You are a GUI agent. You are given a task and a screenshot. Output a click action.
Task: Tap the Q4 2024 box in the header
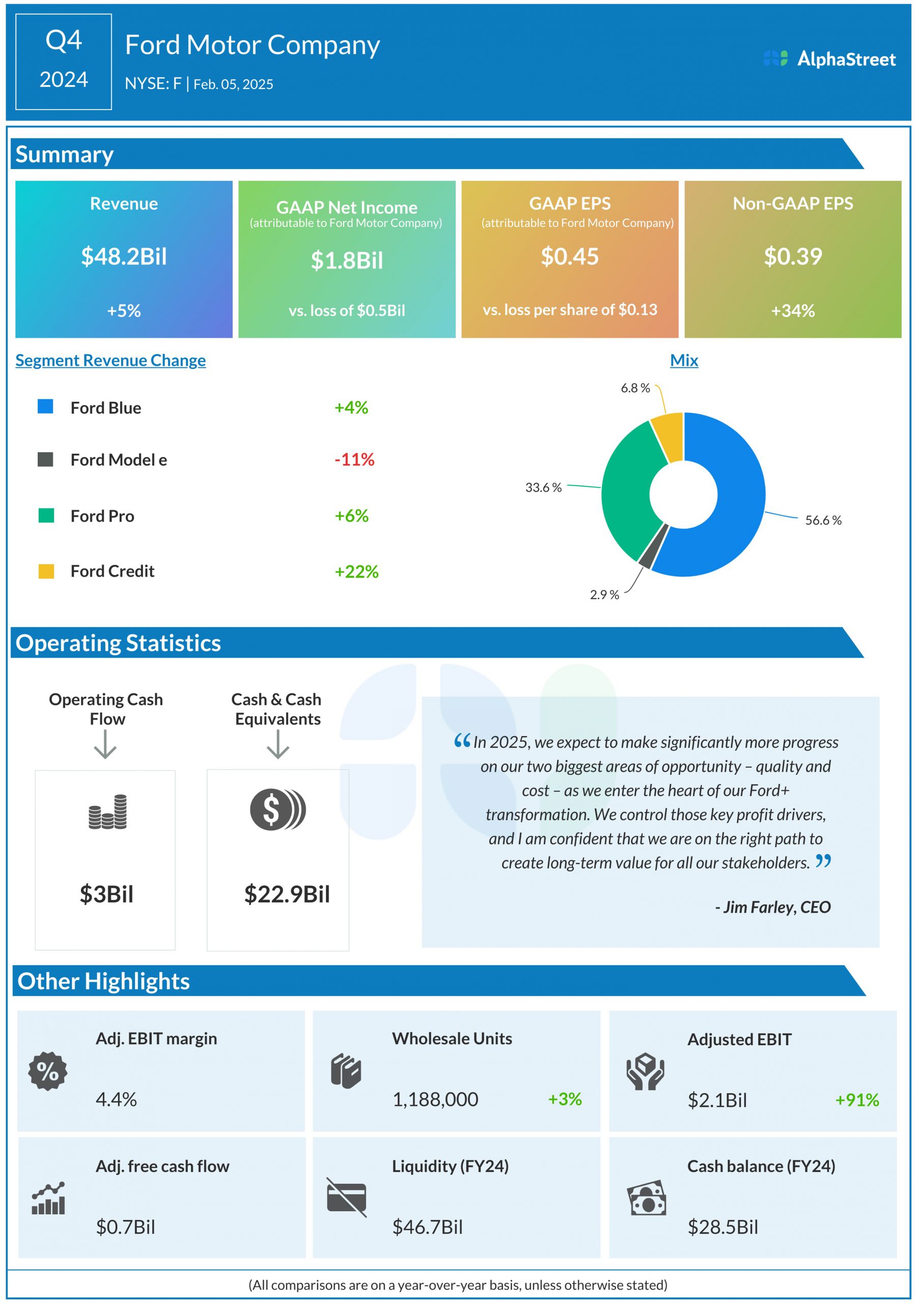tap(64, 61)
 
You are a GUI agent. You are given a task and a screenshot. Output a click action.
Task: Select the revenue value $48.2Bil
tap(124, 256)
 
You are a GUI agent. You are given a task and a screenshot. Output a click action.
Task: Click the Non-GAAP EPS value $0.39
tap(792, 256)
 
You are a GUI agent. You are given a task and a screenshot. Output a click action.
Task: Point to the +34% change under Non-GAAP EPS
tap(792, 311)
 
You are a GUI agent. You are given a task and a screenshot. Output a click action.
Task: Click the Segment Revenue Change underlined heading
tap(110, 360)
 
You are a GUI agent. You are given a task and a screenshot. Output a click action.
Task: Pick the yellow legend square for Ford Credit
tap(46, 571)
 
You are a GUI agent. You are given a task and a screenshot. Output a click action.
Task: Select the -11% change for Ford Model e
tap(354, 459)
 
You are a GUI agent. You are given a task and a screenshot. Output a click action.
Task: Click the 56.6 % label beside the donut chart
tap(823, 520)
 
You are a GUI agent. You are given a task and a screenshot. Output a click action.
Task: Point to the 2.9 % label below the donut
tap(604, 594)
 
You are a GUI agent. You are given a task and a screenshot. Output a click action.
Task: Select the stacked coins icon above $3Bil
tap(107, 811)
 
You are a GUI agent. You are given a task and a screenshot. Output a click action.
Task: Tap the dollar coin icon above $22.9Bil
tap(277, 809)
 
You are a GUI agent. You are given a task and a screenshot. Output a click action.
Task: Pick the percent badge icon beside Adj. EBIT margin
tap(48, 1071)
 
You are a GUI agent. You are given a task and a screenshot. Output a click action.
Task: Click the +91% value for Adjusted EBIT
tap(856, 1100)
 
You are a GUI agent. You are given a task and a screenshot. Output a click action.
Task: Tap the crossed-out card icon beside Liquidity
tap(346, 1197)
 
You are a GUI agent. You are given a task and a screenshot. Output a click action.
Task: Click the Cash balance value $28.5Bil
tap(722, 1227)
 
